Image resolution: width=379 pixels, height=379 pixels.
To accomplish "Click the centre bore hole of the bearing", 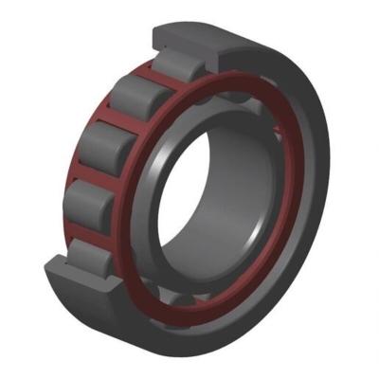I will [x=214, y=199].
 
